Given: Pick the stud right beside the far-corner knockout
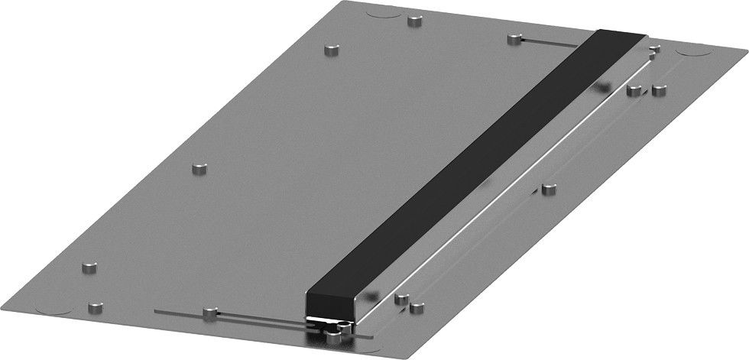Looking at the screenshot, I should tap(415, 21).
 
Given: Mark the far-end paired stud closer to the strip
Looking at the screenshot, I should tap(633, 89).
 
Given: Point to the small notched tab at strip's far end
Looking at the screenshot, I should tap(654, 50).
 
